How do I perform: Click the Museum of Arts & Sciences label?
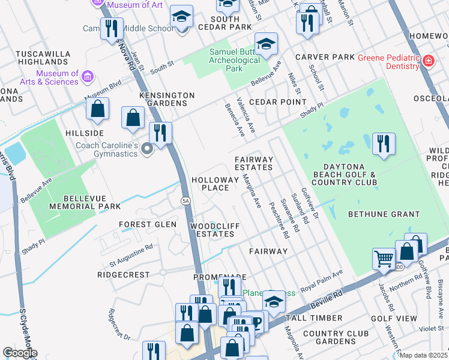[57, 77]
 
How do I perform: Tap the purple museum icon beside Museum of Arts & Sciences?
[88, 76]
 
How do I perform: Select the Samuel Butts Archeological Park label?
[234, 60]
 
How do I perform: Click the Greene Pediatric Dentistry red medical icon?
[428, 61]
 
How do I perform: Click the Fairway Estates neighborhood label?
[254, 163]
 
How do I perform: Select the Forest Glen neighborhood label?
[148, 224]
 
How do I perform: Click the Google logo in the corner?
[20, 353]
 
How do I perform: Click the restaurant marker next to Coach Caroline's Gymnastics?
[160, 133]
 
